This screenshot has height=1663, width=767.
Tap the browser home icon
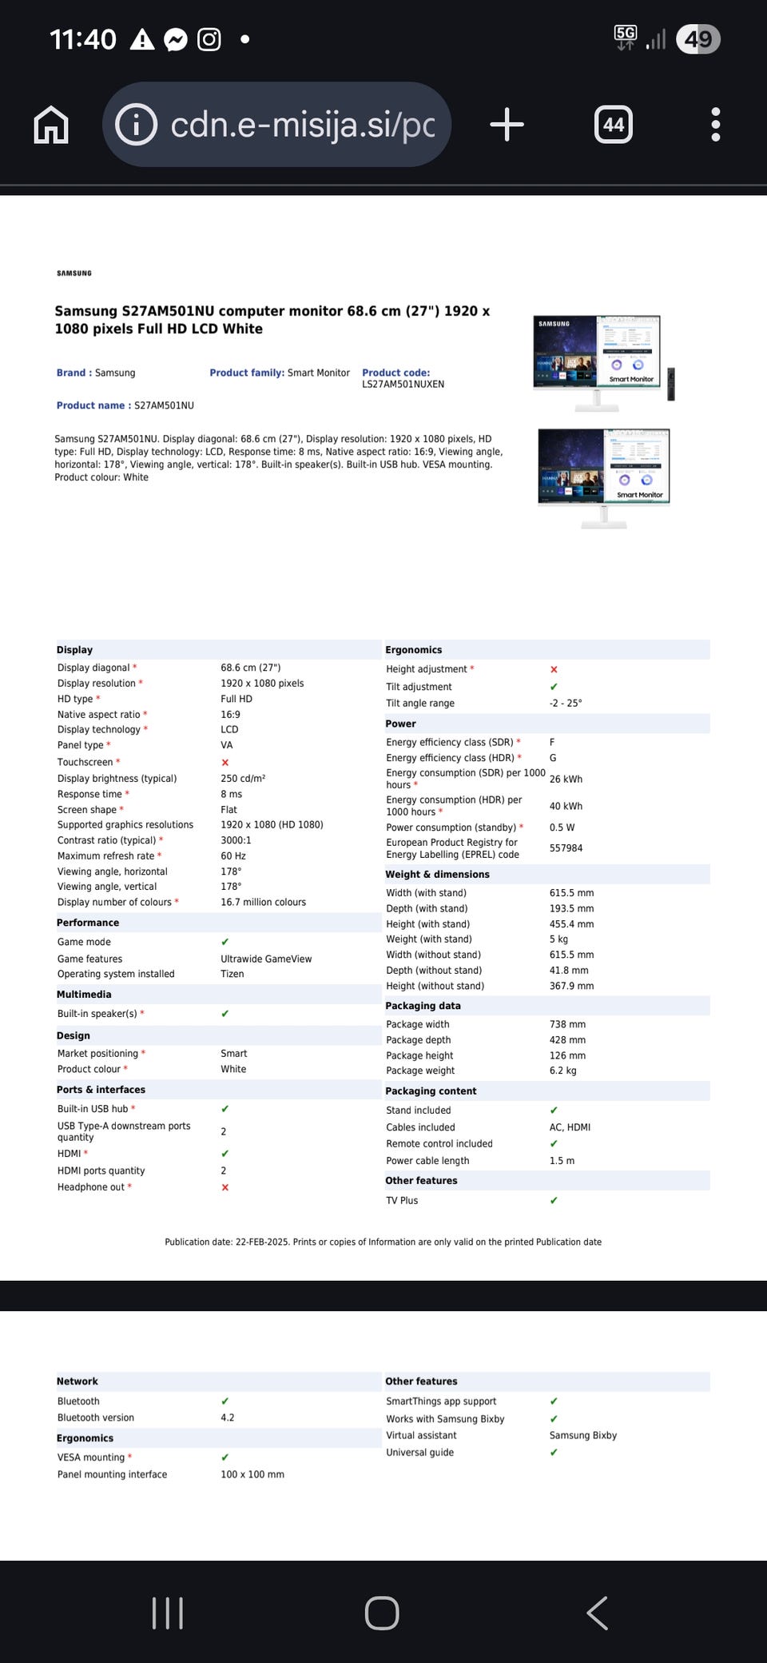51,125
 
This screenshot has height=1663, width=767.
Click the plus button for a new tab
507,125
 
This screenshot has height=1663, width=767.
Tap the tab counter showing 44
614,125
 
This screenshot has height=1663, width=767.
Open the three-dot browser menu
715,125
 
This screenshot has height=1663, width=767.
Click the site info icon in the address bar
137,125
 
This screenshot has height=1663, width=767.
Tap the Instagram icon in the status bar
209,39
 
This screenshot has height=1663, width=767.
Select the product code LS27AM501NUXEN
403,385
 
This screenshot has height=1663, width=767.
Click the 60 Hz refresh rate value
233,856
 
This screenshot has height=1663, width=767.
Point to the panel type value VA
227,745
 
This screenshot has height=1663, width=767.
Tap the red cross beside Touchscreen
225,763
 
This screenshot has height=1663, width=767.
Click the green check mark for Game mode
225,942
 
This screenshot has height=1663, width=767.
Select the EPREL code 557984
566,848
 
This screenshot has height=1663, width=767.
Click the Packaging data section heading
423,1006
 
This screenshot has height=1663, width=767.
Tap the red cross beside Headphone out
225,1187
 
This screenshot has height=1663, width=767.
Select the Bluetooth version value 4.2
228,1418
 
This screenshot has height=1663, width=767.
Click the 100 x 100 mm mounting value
252,1474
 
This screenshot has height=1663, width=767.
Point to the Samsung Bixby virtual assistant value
583,1435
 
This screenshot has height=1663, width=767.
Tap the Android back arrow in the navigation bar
598,1613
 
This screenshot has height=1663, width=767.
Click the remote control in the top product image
671,384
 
